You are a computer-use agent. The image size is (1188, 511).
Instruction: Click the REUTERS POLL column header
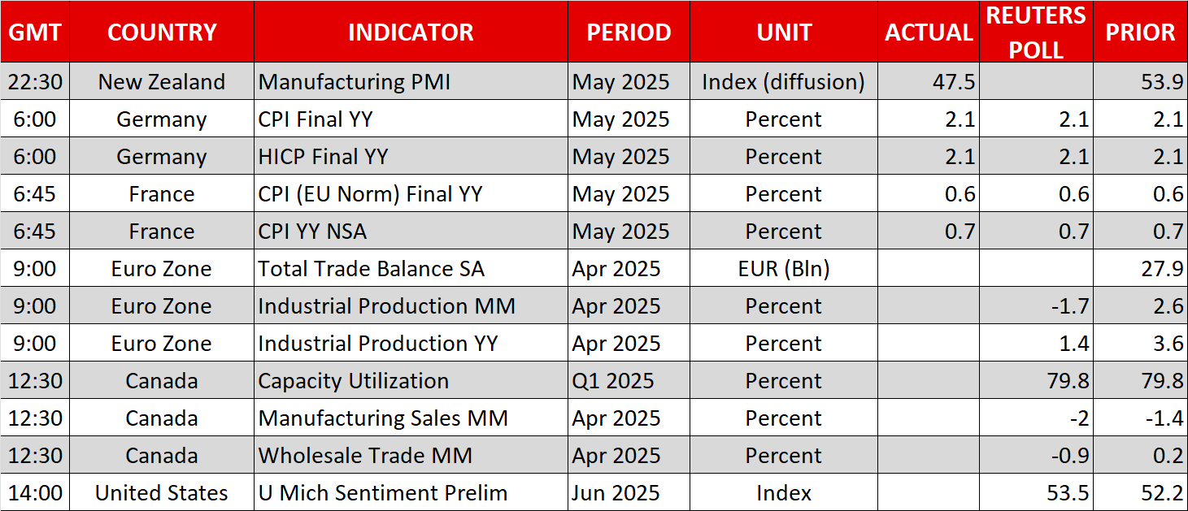click(1035, 32)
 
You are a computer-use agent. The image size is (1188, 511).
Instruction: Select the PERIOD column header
click(629, 32)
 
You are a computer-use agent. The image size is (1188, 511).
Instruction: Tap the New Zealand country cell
click(162, 81)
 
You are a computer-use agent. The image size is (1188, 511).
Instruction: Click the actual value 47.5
click(954, 81)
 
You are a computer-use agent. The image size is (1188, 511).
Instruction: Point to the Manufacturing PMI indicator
click(354, 81)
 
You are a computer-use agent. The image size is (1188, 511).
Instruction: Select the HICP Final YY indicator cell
click(323, 156)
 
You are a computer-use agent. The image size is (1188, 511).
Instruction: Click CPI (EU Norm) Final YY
click(370, 194)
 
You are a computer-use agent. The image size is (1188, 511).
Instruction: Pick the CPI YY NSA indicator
click(312, 231)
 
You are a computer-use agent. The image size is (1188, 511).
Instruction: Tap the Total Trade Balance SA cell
click(372, 269)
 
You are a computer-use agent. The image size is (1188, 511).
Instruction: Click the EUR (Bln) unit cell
click(783, 269)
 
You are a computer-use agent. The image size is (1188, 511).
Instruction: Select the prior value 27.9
click(1162, 269)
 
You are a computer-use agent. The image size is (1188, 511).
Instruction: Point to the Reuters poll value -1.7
click(1070, 305)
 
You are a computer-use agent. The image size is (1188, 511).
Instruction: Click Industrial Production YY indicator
click(378, 344)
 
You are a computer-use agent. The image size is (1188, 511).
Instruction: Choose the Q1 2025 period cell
click(612, 380)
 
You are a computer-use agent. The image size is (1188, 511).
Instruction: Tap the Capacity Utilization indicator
click(353, 380)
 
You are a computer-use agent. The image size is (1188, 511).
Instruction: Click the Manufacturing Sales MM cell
click(383, 418)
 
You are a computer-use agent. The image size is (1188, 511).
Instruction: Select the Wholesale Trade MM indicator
click(365, 455)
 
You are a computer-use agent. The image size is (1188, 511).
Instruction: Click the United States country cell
click(162, 493)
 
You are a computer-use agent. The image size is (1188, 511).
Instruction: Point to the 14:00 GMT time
click(35, 493)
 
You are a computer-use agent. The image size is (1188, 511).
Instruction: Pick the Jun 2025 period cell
click(616, 493)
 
